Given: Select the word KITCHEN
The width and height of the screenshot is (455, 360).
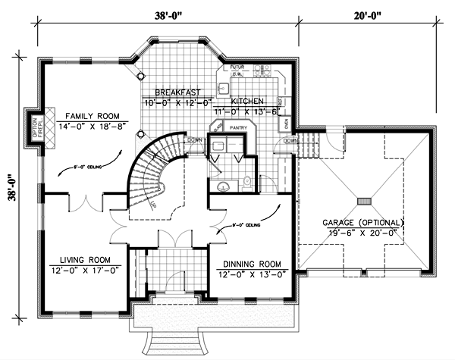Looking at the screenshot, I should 248,100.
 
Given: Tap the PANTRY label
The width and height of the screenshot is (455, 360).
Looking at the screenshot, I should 239,129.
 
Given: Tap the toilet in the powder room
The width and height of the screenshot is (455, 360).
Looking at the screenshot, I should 247,180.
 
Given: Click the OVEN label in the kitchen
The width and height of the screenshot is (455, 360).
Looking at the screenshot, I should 287,121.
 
